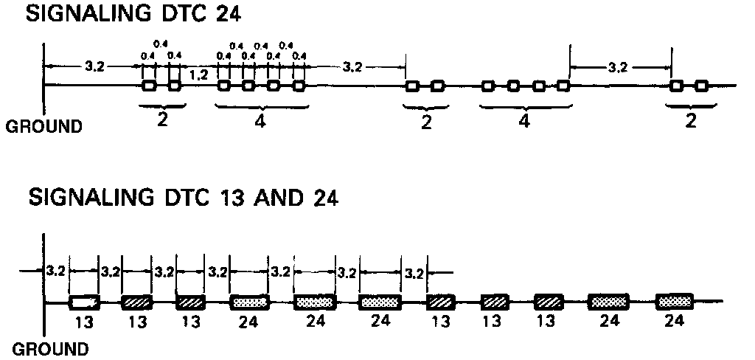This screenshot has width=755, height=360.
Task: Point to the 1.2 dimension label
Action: point(198,75)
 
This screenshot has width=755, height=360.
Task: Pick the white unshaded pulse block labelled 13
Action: point(83,302)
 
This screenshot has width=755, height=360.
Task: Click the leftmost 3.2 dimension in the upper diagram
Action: point(94,67)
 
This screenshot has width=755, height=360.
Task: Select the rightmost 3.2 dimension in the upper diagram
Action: point(619,69)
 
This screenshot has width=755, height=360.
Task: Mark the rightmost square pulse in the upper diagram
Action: point(701,86)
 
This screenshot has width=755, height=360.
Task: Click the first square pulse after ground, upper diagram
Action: point(149,86)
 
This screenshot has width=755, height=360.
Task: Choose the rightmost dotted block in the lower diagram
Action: point(675,302)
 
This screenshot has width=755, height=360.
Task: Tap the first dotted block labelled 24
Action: point(250,302)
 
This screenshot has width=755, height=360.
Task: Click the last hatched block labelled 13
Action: point(549,302)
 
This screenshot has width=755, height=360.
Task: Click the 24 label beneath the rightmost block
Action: point(674,321)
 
